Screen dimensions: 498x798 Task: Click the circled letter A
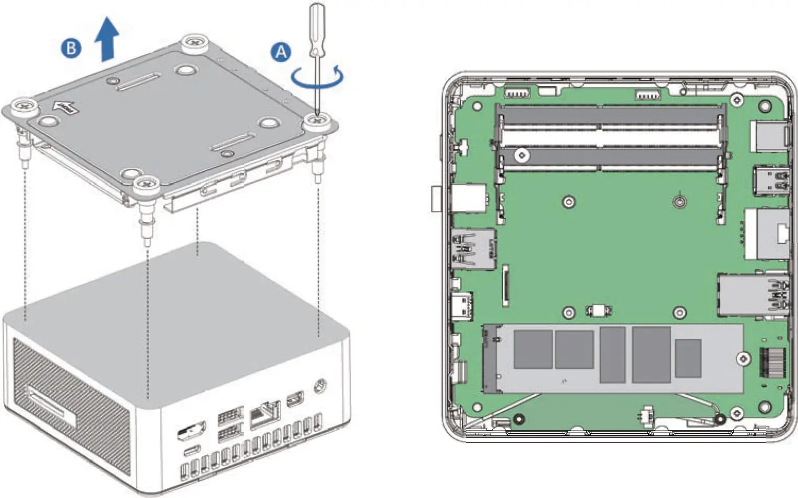coord(281,52)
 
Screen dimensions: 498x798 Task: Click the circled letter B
coord(71,49)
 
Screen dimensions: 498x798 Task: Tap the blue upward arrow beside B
coord(107,39)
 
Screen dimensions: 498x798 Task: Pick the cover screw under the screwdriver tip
coord(317,122)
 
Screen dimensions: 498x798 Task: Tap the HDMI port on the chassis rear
coord(192,431)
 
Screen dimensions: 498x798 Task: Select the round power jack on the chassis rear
coord(320,387)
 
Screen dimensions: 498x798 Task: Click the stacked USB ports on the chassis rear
coord(230,424)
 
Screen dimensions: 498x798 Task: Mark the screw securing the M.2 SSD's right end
coord(743,359)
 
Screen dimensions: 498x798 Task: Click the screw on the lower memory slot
coord(521,155)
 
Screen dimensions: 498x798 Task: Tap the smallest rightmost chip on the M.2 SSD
coord(688,358)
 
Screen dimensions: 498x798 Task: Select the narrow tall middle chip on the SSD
coord(612,355)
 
